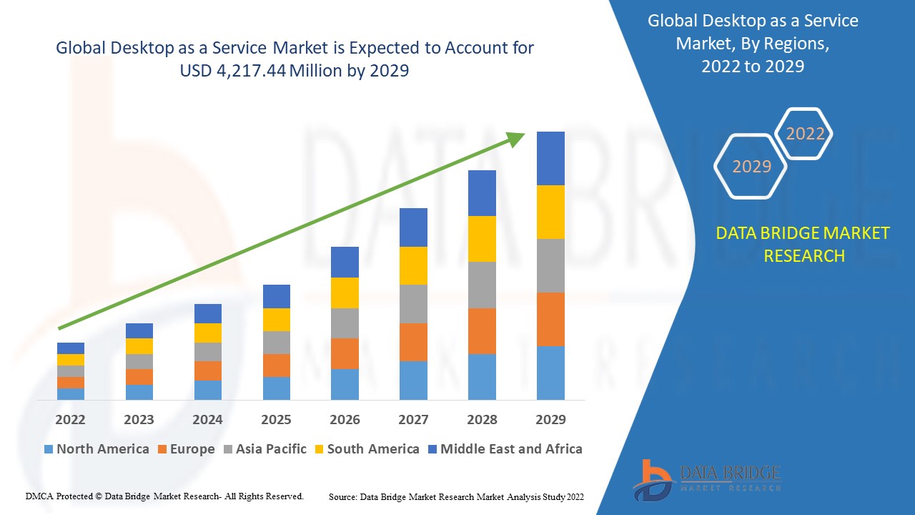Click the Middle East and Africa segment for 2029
550,158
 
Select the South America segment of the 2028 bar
482,238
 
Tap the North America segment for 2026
345,384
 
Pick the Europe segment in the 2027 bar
413,342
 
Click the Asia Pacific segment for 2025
277,342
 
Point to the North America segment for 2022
71,393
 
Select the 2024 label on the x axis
207,419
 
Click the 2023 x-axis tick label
139,419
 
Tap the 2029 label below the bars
550,419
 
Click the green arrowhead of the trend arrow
515,138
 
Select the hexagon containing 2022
805,134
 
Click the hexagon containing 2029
751,167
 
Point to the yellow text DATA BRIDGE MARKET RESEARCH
803,244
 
